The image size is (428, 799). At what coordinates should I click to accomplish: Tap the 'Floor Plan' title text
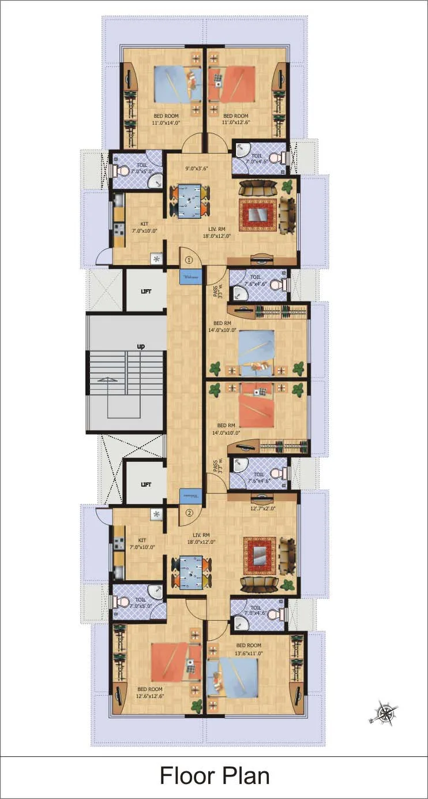[x=214, y=776]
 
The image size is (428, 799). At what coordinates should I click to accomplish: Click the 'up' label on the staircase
[x=140, y=346]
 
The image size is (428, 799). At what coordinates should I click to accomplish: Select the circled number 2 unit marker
[x=189, y=511]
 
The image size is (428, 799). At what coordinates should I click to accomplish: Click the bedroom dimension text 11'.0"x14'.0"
[x=166, y=123]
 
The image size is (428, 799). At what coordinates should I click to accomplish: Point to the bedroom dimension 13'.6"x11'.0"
[x=248, y=653]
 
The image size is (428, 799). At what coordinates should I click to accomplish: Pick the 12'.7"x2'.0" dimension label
[x=262, y=509]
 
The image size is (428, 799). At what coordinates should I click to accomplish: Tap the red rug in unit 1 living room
[x=258, y=214]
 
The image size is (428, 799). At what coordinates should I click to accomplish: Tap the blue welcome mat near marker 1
[x=190, y=277]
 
